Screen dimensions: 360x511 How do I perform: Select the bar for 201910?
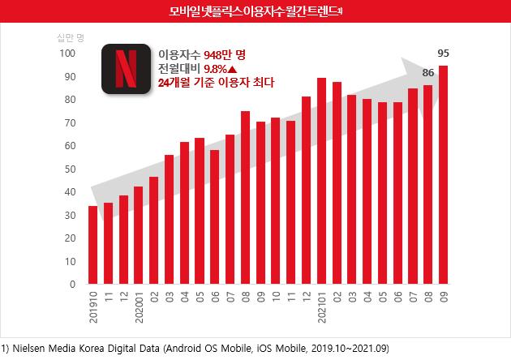[92, 245]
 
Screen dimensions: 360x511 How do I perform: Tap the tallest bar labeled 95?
[444, 175]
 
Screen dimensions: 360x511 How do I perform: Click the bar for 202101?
[321, 182]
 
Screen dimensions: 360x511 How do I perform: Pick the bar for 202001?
[138, 235]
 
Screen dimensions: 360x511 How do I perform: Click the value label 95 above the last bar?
[444, 54]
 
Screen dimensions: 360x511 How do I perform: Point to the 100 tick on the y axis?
[67, 54]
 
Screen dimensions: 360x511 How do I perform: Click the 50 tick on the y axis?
[70, 169]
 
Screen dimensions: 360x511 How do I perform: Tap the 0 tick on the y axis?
[72, 285]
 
